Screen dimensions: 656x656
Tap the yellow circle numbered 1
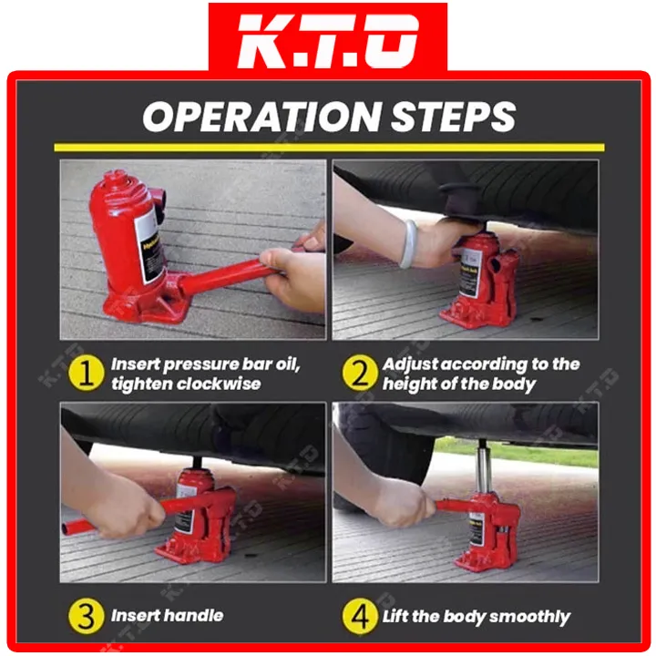click(x=87, y=374)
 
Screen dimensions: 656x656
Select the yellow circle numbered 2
click(x=358, y=374)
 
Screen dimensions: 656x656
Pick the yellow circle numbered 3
click(x=87, y=617)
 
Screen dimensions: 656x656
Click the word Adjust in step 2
click(x=411, y=364)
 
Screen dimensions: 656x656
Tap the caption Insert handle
click(x=168, y=617)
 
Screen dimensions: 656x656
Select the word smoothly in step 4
click(x=529, y=617)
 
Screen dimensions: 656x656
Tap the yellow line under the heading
click(x=328, y=147)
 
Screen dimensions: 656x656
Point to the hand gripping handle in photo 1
click(x=292, y=273)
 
